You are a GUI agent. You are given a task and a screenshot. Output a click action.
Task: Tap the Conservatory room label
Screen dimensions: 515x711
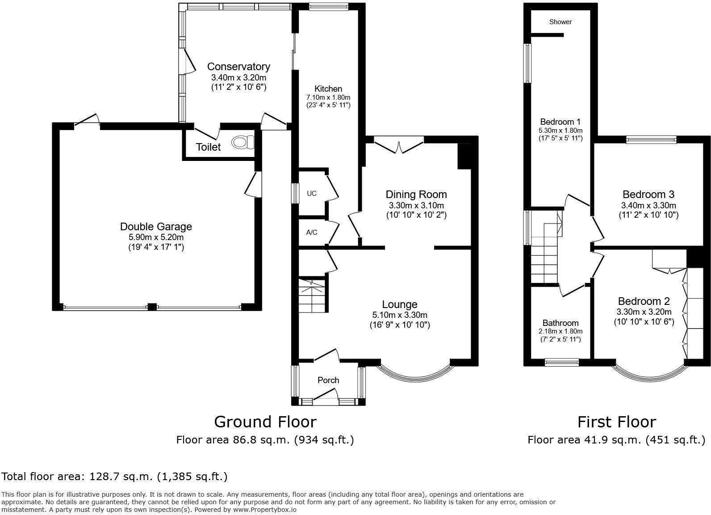click(x=238, y=67)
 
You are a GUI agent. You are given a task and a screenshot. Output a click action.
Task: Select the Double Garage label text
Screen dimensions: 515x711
click(x=156, y=227)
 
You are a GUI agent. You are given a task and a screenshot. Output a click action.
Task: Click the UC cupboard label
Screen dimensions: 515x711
click(x=312, y=194)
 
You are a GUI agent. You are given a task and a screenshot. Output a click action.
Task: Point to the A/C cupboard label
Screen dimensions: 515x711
click(x=312, y=232)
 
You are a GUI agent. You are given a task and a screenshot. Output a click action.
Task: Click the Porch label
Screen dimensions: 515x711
click(x=328, y=380)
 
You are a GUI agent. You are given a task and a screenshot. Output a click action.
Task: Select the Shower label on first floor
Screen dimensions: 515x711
click(x=560, y=22)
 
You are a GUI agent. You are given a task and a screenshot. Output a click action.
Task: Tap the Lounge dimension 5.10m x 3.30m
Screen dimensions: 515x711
click(x=400, y=315)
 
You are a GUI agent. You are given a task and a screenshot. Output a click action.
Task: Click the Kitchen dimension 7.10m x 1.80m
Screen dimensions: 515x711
click(x=328, y=97)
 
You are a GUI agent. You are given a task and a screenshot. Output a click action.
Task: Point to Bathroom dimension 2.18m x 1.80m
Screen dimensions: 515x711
click(x=560, y=331)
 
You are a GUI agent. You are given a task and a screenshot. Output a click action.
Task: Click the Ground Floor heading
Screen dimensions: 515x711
click(x=265, y=422)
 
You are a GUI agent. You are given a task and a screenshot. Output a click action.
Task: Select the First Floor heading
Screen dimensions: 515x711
click(x=616, y=422)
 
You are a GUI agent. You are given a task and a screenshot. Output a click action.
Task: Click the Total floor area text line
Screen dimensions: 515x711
click(x=114, y=477)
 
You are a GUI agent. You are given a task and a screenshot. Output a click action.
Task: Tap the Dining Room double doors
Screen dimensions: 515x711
click(x=399, y=145)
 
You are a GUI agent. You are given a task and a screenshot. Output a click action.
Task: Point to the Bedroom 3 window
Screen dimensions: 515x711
click(x=651, y=140)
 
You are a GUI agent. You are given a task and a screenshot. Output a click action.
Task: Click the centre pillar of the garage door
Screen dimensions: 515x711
click(x=152, y=307)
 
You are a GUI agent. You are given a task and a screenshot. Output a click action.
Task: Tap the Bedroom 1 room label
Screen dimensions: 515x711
click(x=560, y=122)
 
